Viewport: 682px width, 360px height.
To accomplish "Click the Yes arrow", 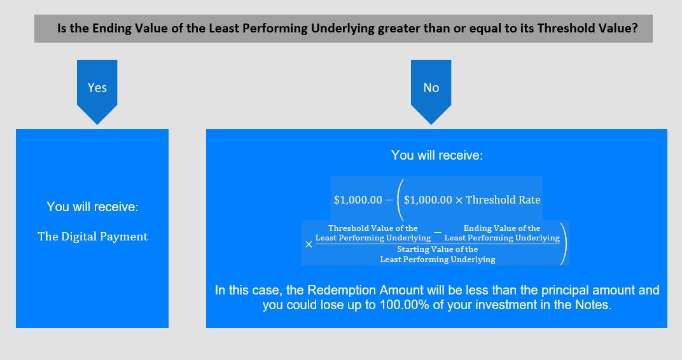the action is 97,92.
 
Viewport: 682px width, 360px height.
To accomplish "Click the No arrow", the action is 431,92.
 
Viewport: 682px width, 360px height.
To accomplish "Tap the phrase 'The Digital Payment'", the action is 93,237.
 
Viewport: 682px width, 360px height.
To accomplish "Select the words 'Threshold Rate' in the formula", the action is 503,200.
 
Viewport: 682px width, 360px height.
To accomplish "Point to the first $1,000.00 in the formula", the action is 358,200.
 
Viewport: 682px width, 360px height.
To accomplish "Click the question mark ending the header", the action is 634,28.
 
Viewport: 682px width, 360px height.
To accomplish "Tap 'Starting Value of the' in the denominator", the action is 438,249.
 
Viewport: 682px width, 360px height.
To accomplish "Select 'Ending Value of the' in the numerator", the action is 502,228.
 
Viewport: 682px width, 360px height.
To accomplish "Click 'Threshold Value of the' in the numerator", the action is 373,228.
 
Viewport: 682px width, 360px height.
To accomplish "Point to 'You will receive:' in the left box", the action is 92,207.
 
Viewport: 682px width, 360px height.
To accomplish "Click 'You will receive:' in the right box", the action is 436,155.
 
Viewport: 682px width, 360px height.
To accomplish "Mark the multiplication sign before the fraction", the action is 309,244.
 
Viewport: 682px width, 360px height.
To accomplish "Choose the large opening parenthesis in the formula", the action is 400,200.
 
